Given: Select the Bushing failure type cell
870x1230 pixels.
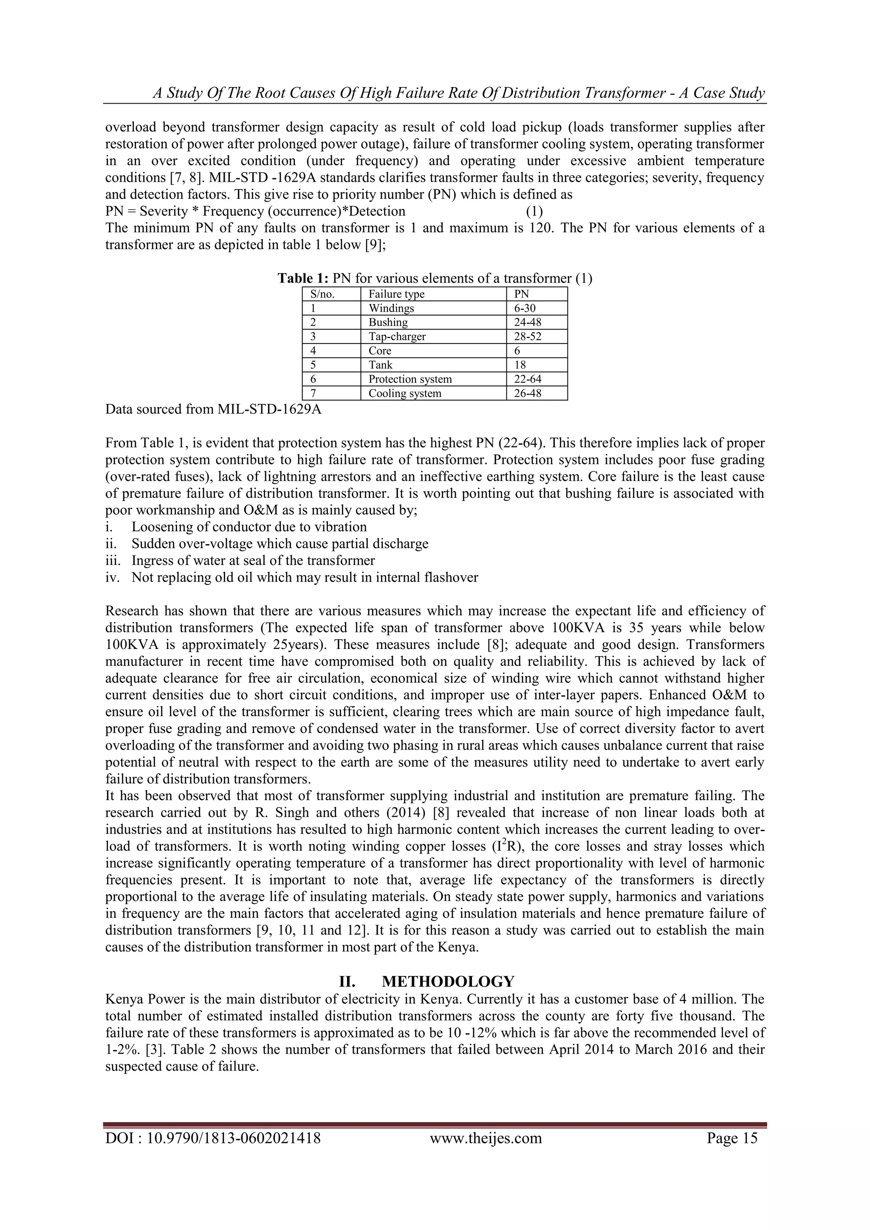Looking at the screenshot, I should [x=388, y=322].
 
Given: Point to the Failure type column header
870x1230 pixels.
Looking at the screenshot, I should [x=396, y=294].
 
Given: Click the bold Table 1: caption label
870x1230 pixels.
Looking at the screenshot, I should [x=303, y=279].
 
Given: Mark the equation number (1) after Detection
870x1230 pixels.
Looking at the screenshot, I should [x=534, y=211].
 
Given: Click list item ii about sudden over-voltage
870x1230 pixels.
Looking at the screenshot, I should [x=279, y=544].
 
